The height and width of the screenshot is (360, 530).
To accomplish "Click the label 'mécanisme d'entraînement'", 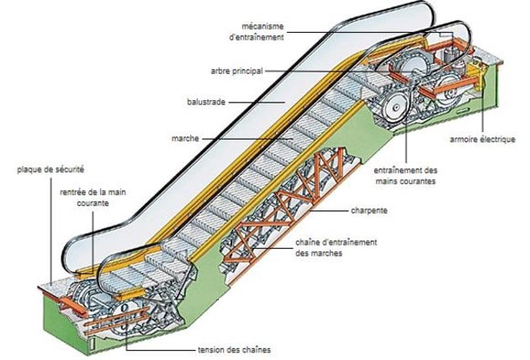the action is [x=257, y=32].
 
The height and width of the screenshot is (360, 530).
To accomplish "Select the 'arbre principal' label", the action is [x=236, y=71].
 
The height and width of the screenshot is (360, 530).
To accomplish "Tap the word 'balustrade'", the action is [x=206, y=102].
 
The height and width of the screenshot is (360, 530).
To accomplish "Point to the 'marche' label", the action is [x=185, y=139].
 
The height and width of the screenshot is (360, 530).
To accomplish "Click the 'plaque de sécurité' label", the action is [x=50, y=169].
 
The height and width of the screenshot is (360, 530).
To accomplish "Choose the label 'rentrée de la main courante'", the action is [x=93, y=198].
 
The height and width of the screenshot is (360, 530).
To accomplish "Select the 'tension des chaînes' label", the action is [x=234, y=350].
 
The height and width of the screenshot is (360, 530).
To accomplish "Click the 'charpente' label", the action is [x=369, y=210].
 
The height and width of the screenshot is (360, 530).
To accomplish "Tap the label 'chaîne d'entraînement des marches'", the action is [x=336, y=248].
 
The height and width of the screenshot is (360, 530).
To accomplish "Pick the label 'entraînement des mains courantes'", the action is [x=405, y=176].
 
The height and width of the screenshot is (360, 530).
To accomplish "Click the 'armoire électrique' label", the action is [x=482, y=140].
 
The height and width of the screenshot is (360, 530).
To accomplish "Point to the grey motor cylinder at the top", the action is [x=449, y=54].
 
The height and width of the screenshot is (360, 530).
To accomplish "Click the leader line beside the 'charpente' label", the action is [x=329, y=211].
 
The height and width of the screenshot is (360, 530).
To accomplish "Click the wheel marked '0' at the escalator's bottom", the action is [x=124, y=309].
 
